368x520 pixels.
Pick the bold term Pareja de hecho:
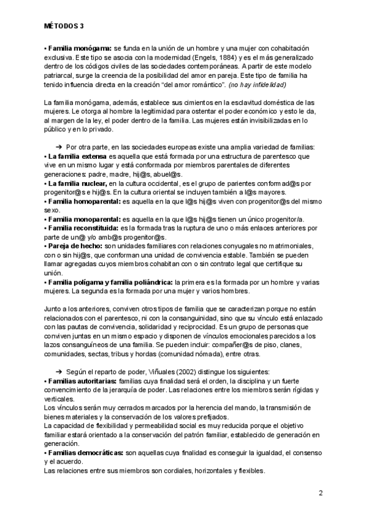(70, 246)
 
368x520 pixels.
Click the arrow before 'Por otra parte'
(58, 147)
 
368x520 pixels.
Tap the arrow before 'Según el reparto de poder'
(58, 372)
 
